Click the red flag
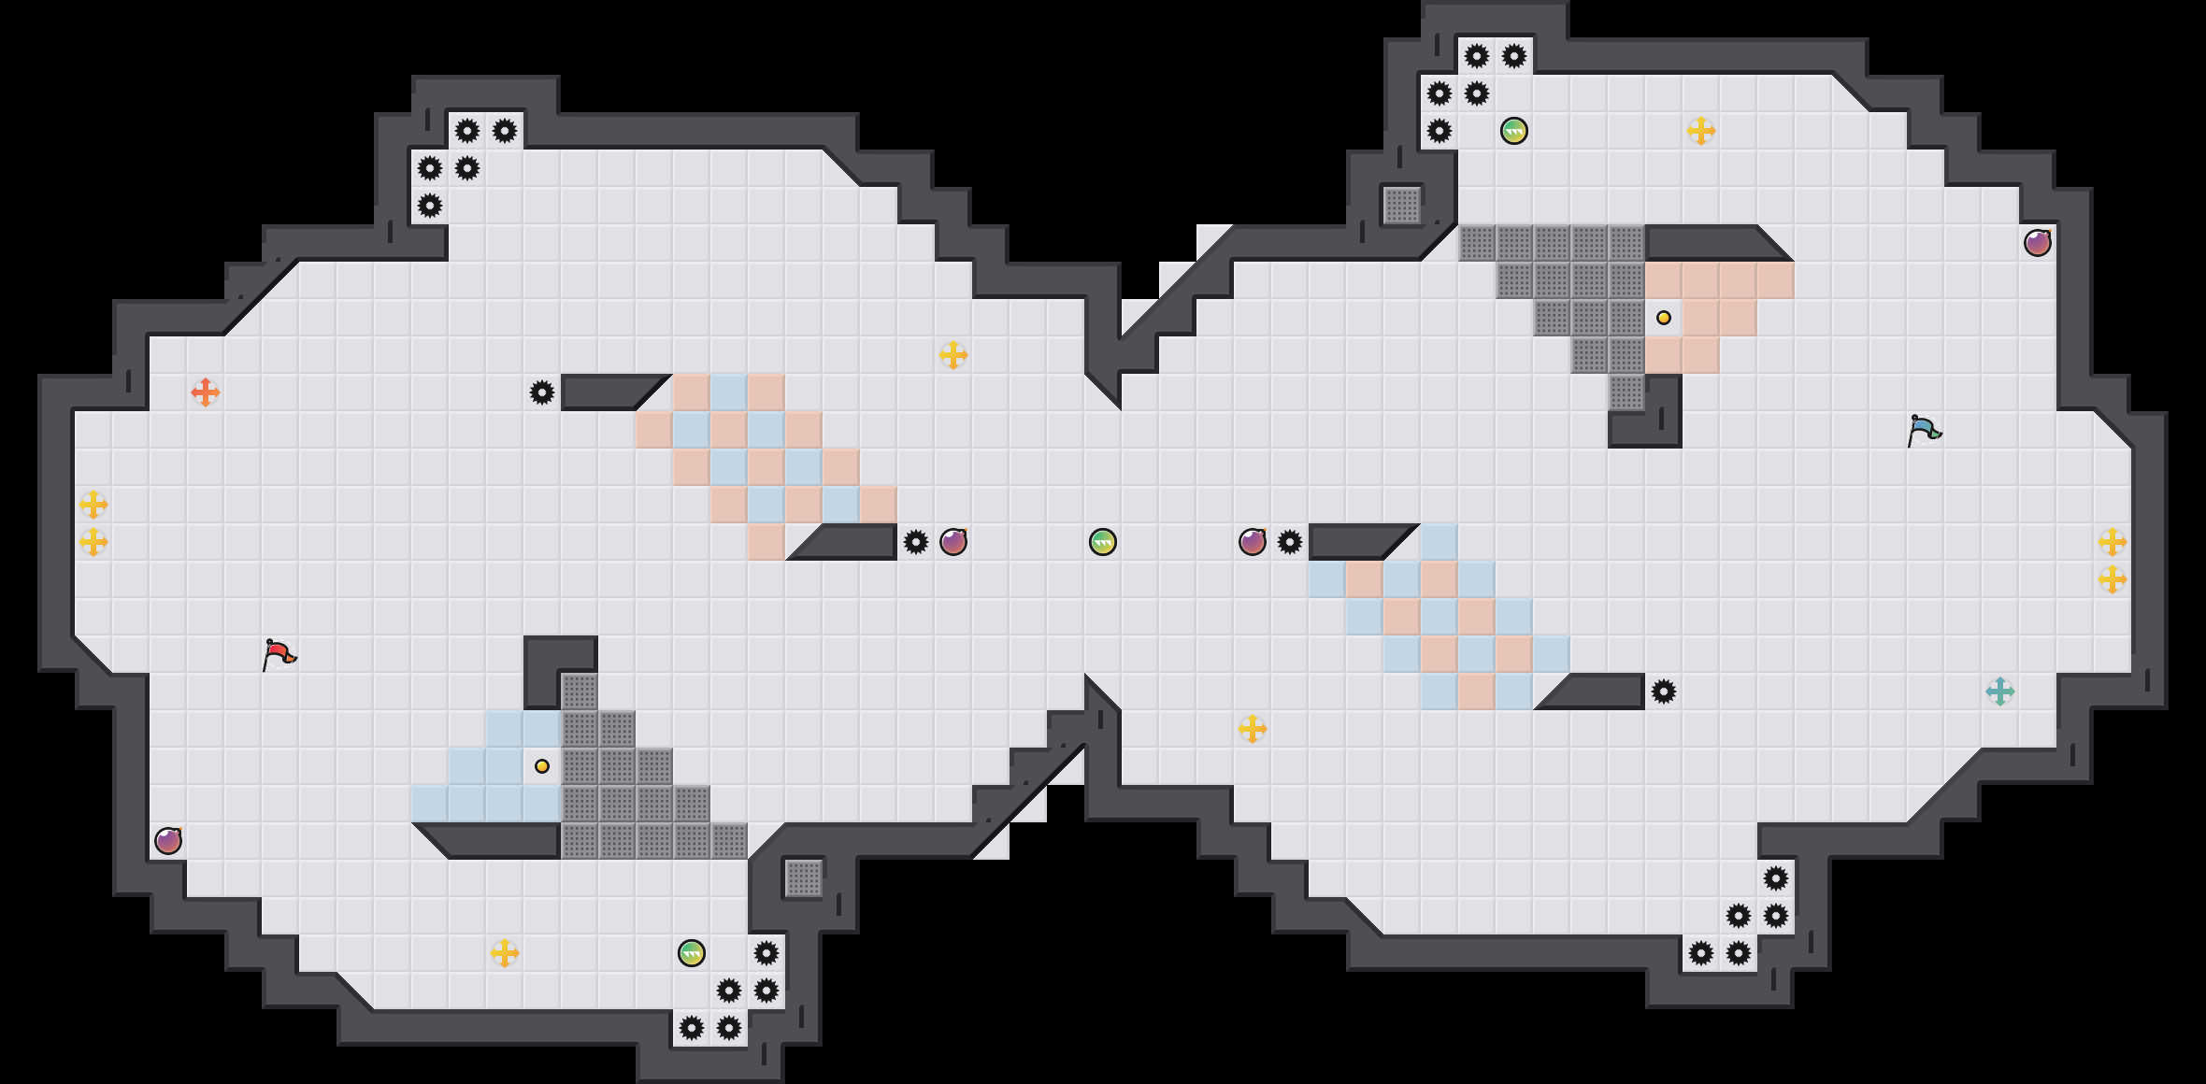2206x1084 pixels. pyautogui.click(x=279, y=654)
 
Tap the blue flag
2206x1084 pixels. pyautogui.click(x=1924, y=431)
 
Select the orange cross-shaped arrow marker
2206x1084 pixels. pyautogui.click(x=205, y=392)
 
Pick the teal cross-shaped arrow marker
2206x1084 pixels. pyautogui.click(x=1999, y=692)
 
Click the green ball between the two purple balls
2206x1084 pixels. pyautogui.click(x=1103, y=542)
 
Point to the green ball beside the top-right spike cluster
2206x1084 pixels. pyautogui.click(x=1514, y=131)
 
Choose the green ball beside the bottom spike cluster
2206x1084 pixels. pyautogui.click(x=692, y=953)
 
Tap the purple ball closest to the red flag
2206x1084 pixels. pyautogui.click(x=168, y=841)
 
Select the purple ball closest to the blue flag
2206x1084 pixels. pyautogui.click(x=2038, y=243)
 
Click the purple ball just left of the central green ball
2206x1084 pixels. pyautogui.click(x=953, y=542)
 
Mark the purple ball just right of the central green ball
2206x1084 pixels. pyautogui.click(x=1253, y=542)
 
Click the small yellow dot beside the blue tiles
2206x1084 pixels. pyautogui.click(x=542, y=766)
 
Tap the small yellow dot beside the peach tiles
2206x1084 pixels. pyautogui.click(x=1664, y=318)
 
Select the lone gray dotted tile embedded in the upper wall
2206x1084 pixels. pyautogui.click(x=1402, y=206)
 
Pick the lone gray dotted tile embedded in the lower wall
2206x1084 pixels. pyautogui.click(x=804, y=878)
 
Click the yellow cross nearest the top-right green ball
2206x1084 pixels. pyautogui.click(x=1701, y=131)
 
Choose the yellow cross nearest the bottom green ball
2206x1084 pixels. pyautogui.click(x=505, y=953)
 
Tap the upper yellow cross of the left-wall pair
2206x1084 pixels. pyautogui.click(x=93, y=505)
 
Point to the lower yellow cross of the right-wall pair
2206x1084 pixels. pyautogui.click(x=2113, y=579)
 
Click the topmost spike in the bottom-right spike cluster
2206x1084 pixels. pyautogui.click(x=1776, y=878)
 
